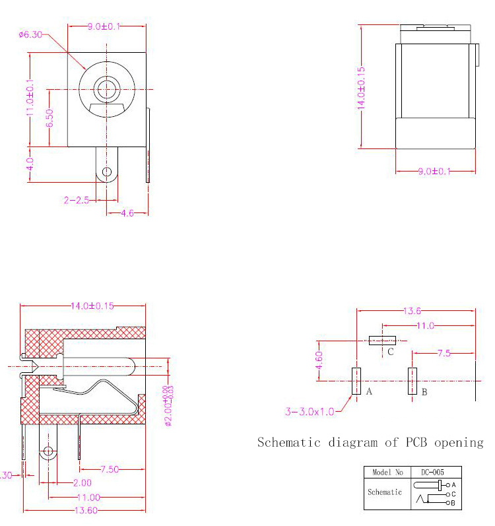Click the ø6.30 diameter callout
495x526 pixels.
click(x=30, y=34)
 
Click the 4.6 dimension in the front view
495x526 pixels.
click(x=127, y=213)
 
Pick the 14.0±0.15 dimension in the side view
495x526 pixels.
click(x=361, y=86)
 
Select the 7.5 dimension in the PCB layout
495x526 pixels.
click(x=444, y=354)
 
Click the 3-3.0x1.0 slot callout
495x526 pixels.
click(x=310, y=412)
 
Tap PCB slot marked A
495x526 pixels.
click(x=356, y=381)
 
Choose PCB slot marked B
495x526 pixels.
click(x=412, y=381)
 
